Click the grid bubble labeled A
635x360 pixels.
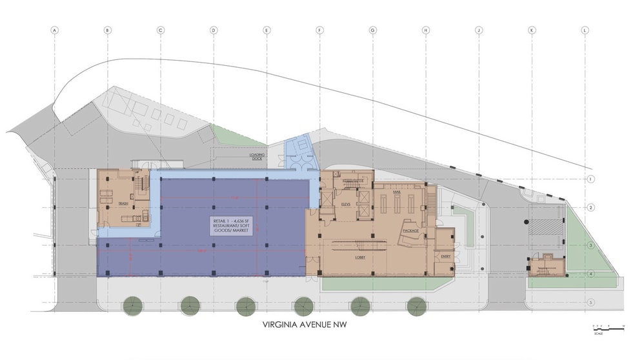tap(55, 30)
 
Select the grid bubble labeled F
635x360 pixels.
tap(319, 30)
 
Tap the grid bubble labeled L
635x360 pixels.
tap(585, 30)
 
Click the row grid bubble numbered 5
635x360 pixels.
tap(590, 302)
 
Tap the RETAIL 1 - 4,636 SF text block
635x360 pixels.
tap(231, 225)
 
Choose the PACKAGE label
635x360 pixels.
tap(410, 230)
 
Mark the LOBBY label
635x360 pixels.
tap(361, 257)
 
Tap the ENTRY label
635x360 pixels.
tap(445, 257)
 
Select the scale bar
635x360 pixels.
tap(608, 329)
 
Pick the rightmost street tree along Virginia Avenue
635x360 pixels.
tap(416, 306)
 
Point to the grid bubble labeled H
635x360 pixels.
tap(425, 30)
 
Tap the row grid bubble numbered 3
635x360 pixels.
tap(590, 246)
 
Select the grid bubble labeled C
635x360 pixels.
tap(161, 30)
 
